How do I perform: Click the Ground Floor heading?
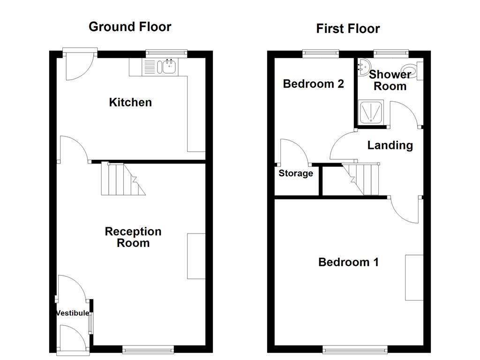(x=130, y=27)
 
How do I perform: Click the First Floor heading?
(x=348, y=29)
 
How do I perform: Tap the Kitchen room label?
(x=130, y=102)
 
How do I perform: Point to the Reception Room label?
(x=133, y=237)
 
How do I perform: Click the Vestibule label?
(x=73, y=313)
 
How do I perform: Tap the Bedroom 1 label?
(x=348, y=262)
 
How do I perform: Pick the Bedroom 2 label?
(x=314, y=84)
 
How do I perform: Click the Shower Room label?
(x=390, y=80)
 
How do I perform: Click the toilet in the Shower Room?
(x=413, y=72)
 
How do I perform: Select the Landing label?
(x=390, y=145)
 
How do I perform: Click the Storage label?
(x=296, y=173)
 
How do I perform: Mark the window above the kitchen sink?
(x=166, y=53)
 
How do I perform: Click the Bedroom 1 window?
(x=355, y=349)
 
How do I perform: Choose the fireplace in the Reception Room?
(x=196, y=256)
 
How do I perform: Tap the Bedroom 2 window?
(x=321, y=53)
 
